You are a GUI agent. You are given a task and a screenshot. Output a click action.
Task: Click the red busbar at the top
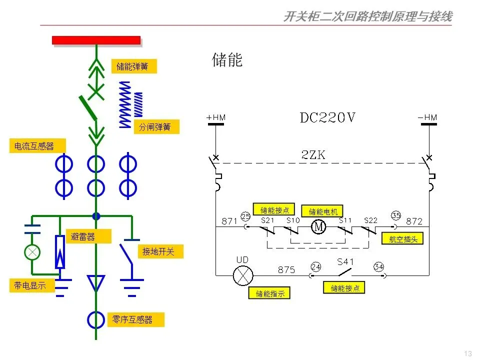click(x=96, y=40)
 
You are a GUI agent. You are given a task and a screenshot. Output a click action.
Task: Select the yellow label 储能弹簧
click(x=133, y=66)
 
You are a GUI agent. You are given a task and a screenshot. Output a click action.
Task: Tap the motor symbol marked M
click(x=318, y=227)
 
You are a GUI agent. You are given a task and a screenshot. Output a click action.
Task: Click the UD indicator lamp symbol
click(x=243, y=275)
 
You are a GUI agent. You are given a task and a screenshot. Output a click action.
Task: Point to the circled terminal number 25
click(x=245, y=216)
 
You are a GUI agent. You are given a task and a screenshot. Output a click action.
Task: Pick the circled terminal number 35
click(x=396, y=215)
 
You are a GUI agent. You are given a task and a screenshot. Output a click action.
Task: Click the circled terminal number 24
click(x=315, y=266)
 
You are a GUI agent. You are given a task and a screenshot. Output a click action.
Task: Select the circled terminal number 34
click(x=378, y=266)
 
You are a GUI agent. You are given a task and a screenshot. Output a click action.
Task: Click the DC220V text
click(x=327, y=118)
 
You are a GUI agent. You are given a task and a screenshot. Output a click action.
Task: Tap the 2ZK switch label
click(x=313, y=155)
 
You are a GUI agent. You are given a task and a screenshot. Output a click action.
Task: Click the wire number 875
click(x=286, y=270)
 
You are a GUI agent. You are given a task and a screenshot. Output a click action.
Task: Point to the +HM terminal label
click(x=216, y=117)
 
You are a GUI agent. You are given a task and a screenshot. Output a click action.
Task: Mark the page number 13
click(x=468, y=353)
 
